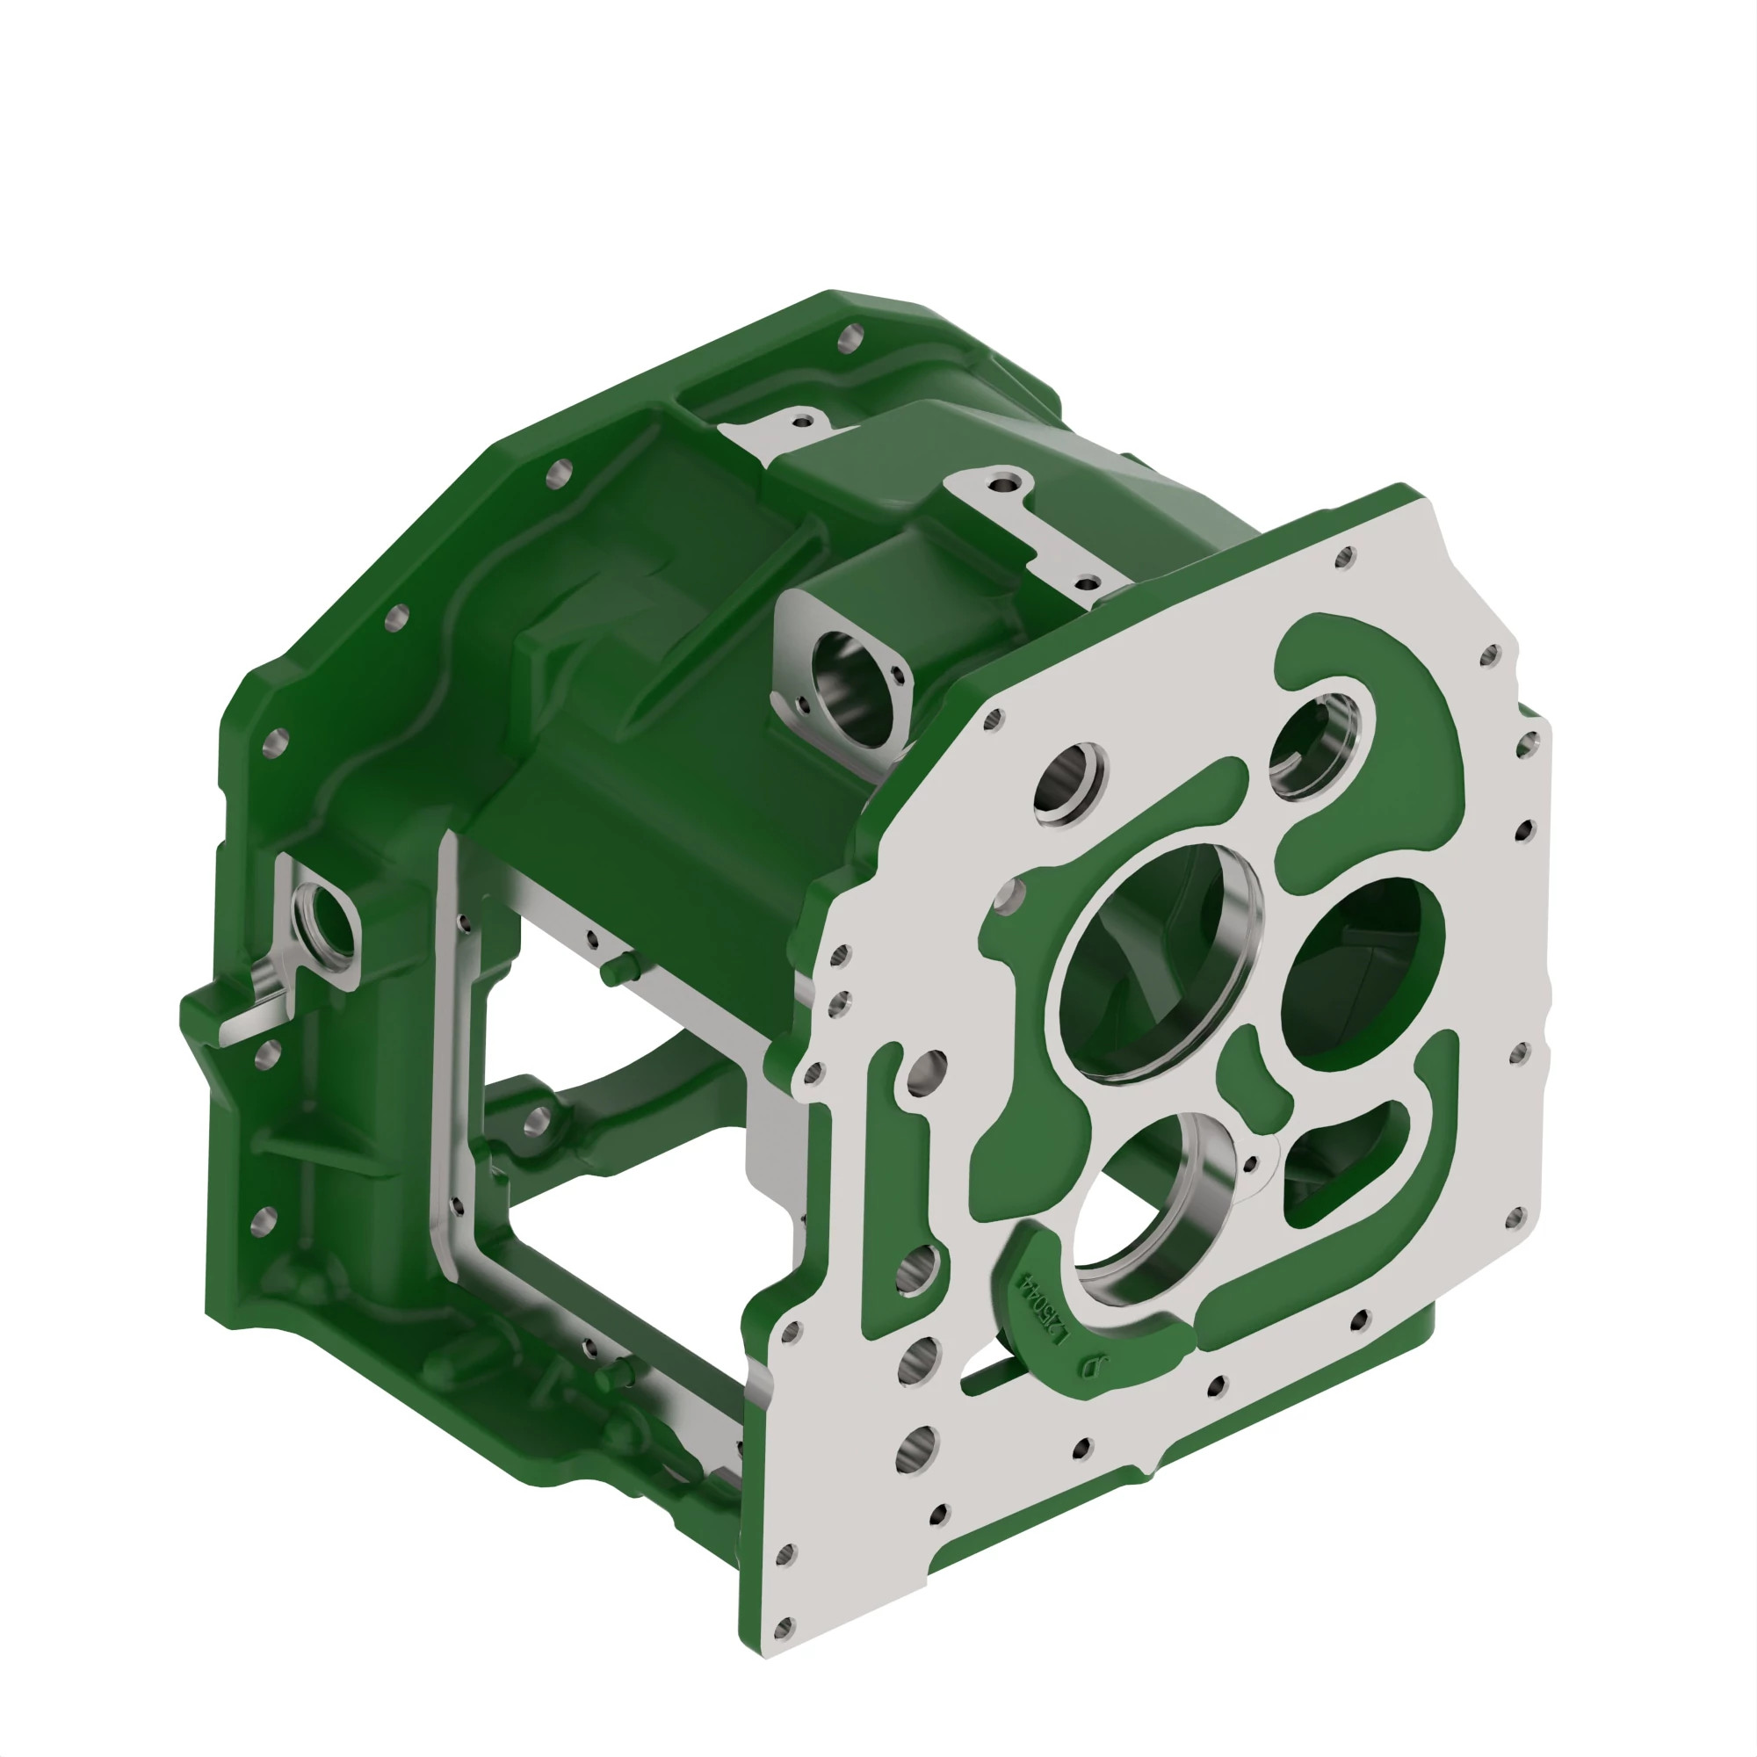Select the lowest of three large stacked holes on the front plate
919,1448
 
